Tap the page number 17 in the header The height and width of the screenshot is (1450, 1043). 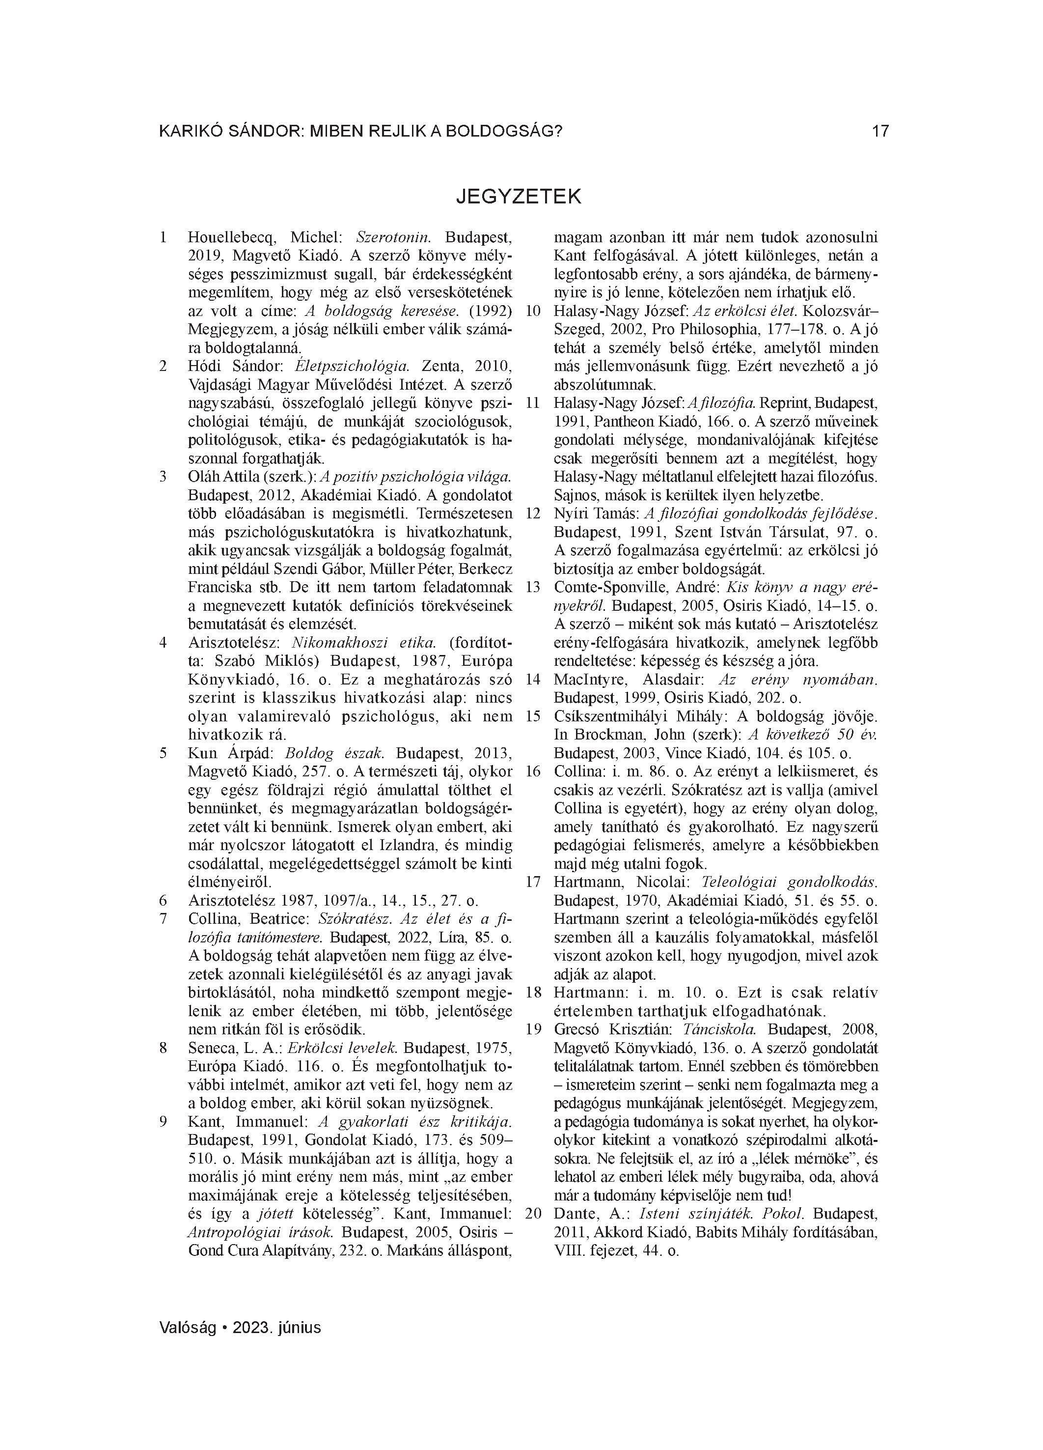(880, 132)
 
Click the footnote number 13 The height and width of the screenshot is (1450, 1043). (533, 587)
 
